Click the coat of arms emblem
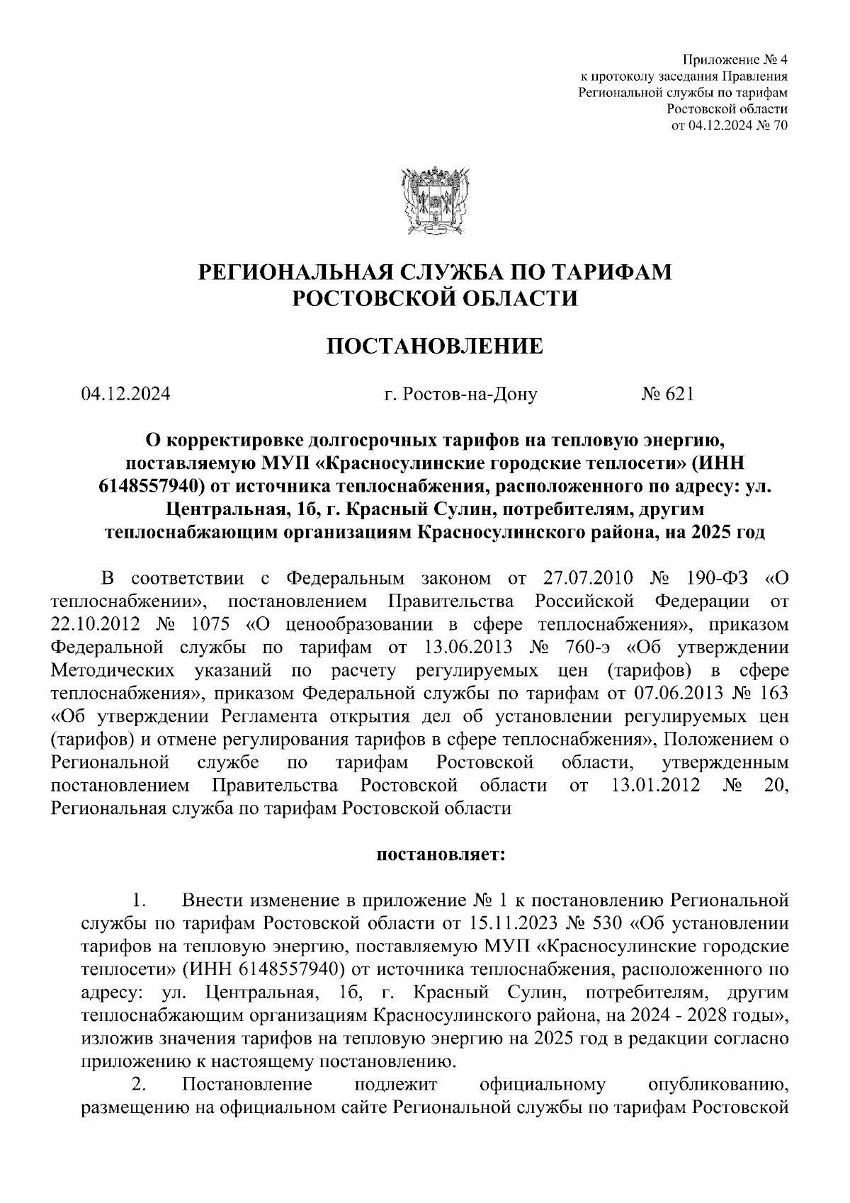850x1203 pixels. (x=431, y=200)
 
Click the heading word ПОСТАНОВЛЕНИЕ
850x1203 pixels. (x=434, y=346)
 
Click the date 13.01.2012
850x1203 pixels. (x=655, y=785)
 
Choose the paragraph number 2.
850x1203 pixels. (x=139, y=1085)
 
